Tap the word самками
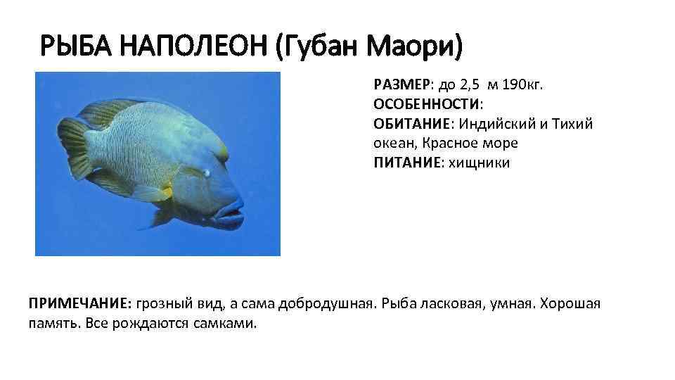click(229, 324)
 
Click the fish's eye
click(206, 171)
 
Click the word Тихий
click(573, 125)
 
